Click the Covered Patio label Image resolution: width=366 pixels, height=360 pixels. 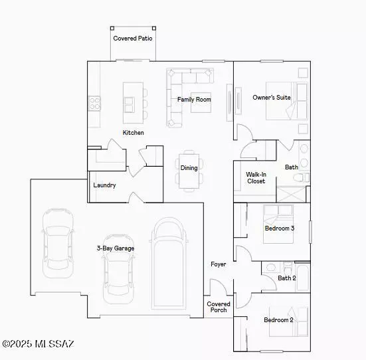pos(133,39)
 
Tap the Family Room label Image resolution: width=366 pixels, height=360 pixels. pos(194,100)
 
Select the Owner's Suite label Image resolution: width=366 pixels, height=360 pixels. pos(272,98)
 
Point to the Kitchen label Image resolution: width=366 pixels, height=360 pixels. pos(134,133)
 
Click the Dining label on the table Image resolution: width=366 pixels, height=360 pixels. pos(189,168)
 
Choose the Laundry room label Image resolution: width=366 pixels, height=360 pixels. pos(105,185)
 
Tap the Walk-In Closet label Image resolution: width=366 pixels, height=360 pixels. pos(256,178)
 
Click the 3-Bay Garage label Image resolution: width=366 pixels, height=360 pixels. pos(115,248)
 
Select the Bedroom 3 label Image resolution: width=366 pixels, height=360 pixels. pos(280,228)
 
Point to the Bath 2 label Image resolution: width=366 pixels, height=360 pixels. pos(287,278)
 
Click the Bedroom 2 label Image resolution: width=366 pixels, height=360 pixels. pos(278,320)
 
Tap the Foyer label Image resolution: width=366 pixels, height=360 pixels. pos(219,264)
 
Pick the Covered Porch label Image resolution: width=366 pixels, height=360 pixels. pos(219,307)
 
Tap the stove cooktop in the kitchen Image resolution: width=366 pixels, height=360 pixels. pos(95,103)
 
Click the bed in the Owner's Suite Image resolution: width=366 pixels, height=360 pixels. pos(287,100)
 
